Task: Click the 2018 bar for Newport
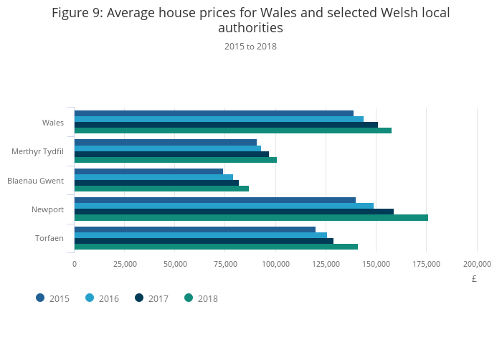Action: [x=251, y=217]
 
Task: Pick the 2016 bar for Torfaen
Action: [x=201, y=235]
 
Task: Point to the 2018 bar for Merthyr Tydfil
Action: [x=176, y=159]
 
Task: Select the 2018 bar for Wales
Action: [x=233, y=131]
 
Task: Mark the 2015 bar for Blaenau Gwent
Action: [x=148, y=171]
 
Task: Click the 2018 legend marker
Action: [x=189, y=298]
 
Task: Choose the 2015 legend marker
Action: [x=40, y=298]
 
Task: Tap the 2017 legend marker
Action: [x=139, y=298]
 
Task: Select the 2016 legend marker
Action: [x=90, y=298]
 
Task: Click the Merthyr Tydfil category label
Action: [x=37, y=151]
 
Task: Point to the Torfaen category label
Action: [x=49, y=238]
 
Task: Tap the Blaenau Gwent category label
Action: [x=35, y=180]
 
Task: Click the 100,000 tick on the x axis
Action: [x=276, y=264]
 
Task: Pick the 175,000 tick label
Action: [x=427, y=264]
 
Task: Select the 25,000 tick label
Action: [x=125, y=264]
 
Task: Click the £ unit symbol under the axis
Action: [x=474, y=278]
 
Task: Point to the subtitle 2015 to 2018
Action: [x=250, y=47]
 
